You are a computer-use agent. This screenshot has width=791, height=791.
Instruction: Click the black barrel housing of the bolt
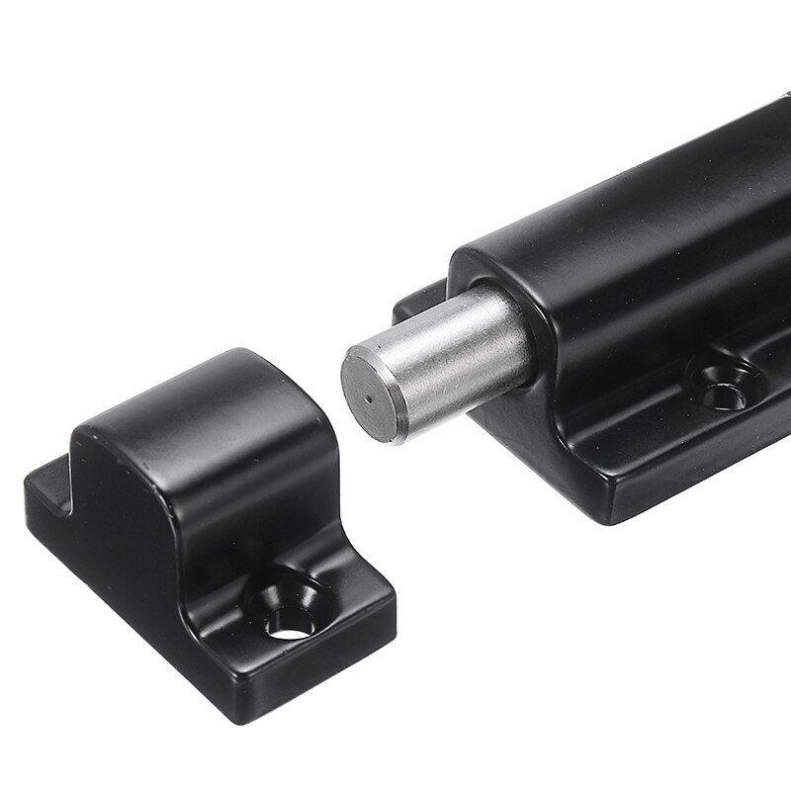[x=643, y=237]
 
